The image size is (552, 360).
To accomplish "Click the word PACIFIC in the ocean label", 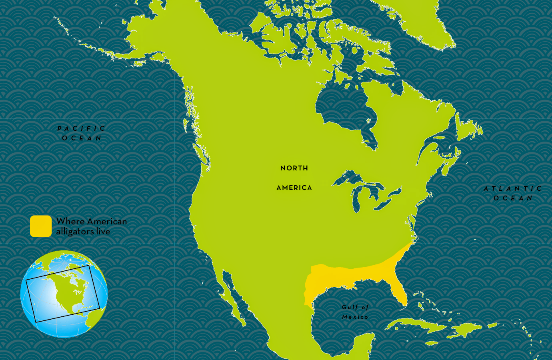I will pyautogui.click(x=81, y=128).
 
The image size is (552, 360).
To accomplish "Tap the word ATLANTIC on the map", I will pyautogui.click(x=513, y=188).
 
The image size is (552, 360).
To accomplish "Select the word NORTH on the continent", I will pyautogui.click(x=294, y=168).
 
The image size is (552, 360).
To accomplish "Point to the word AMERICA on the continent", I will pyautogui.click(x=294, y=188).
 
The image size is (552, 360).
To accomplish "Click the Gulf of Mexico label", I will pyautogui.click(x=355, y=312).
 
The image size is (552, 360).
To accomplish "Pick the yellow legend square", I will pyautogui.click(x=41, y=226).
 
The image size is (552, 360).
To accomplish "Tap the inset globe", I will pyautogui.click(x=64, y=294).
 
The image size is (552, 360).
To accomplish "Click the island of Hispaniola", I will pyautogui.click(x=464, y=330).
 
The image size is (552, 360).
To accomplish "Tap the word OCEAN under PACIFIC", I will pyautogui.click(x=82, y=138).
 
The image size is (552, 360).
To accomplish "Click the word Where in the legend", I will pyautogui.click(x=70, y=221).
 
